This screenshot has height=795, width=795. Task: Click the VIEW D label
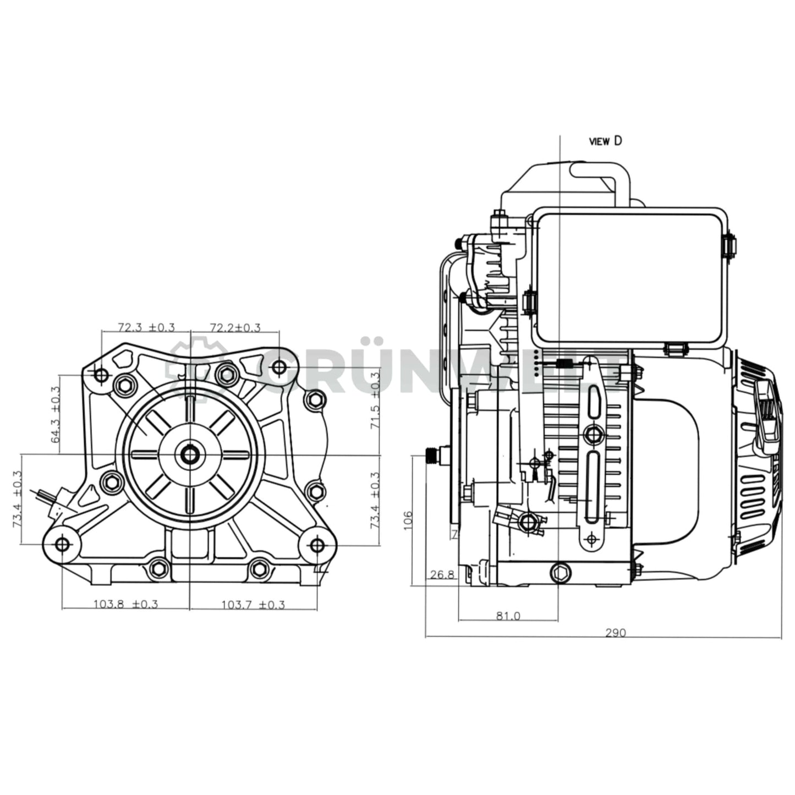point(605,141)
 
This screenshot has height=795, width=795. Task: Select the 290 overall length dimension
point(615,633)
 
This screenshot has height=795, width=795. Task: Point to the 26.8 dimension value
point(442,575)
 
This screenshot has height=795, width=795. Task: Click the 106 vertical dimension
point(408,520)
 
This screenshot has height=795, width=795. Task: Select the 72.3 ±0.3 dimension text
point(146,327)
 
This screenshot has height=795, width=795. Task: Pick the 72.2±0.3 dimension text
point(235,327)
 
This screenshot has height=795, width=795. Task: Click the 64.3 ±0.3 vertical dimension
point(55,414)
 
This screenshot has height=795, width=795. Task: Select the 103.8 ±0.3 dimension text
point(125,604)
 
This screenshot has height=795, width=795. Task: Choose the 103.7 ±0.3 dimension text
point(253,604)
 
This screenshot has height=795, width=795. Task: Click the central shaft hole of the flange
point(190,454)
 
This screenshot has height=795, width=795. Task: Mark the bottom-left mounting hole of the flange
point(62,545)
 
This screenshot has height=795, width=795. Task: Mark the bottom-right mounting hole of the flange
point(317,545)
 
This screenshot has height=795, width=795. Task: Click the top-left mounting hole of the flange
point(101,375)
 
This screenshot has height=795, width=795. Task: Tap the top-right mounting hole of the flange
point(279,366)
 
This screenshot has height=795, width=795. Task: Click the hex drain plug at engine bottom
point(560,573)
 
